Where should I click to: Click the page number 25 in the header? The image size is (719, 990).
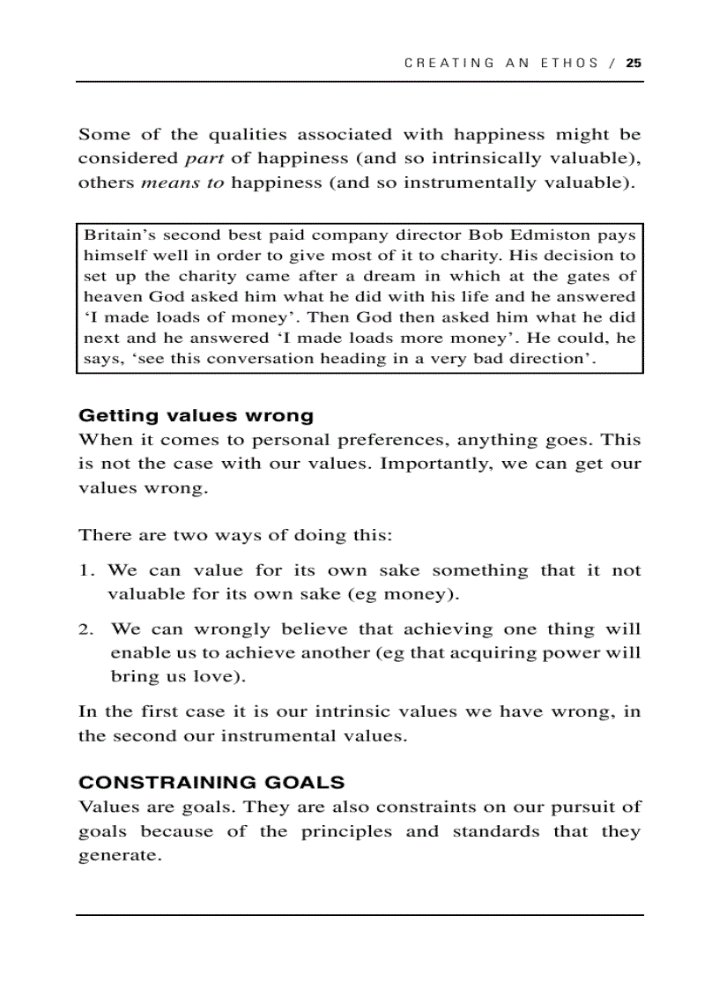[x=634, y=63]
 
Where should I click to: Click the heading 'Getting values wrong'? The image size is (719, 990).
[x=196, y=415]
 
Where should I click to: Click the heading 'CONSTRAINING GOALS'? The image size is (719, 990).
[x=211, y=782]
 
